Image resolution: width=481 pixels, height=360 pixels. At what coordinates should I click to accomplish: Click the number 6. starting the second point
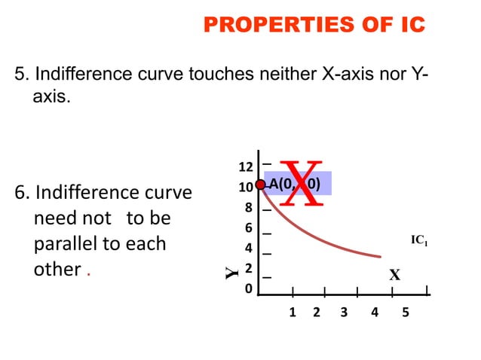[23, 194]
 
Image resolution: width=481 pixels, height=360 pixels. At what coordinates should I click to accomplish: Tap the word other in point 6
[57, 270]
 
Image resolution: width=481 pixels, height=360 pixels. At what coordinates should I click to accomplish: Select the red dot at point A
[261, 185]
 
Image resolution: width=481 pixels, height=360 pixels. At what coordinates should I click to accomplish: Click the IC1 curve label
[420, 240]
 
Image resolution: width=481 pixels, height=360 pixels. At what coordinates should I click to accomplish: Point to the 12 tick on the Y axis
[246, 166]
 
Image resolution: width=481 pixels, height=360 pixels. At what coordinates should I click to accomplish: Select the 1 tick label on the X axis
[293, 313]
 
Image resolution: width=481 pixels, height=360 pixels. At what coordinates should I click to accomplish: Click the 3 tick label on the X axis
[344, 313]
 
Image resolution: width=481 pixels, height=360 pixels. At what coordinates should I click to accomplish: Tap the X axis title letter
[394, 275]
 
